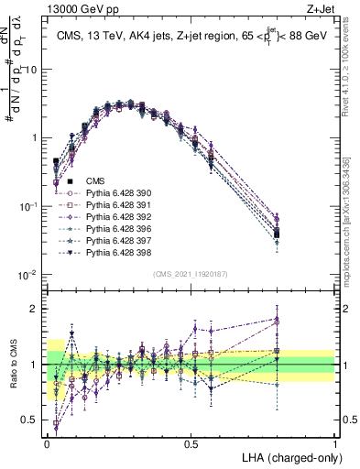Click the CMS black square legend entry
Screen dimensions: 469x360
coord(95,181)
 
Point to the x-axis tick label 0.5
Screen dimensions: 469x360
coord(191,443)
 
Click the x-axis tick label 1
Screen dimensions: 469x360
coord(334,443)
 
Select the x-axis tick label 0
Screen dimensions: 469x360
coord(48,443)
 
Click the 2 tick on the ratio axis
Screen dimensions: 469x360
coord(38,309)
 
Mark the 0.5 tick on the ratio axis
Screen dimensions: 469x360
coord(33,420)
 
